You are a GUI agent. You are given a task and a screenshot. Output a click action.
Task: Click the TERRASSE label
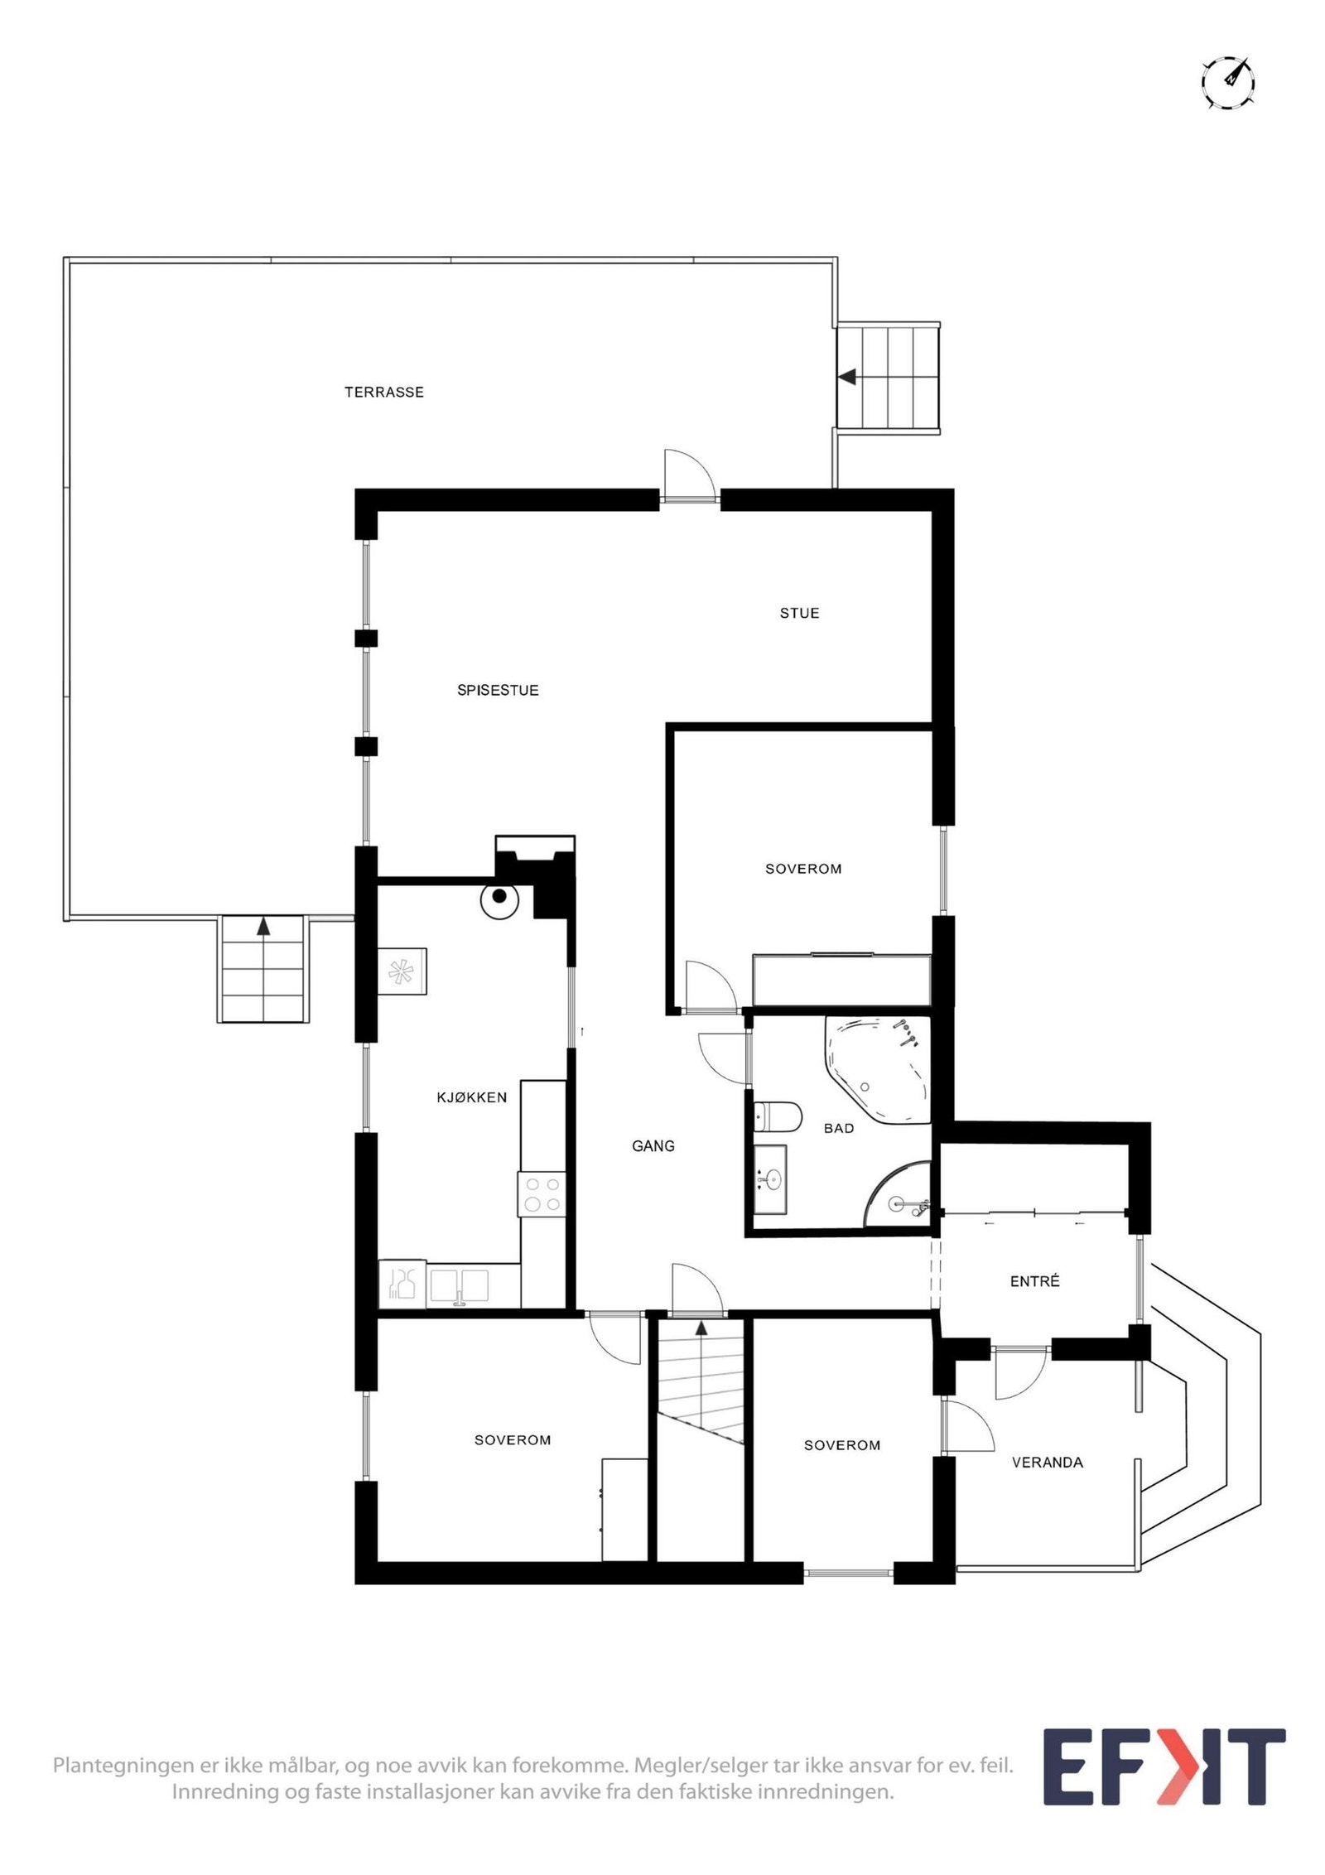click(x=383, y=392)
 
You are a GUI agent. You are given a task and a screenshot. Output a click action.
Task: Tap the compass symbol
click(x=1227, y=82)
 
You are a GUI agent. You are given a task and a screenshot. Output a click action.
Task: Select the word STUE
click(x=798, y=613)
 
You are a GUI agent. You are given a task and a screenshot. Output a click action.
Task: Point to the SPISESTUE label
click(x=497, y=690)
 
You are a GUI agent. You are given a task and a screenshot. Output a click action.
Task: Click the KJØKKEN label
click(x=471, y=1097)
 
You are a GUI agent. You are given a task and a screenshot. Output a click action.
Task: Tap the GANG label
click(x=653, y=1146)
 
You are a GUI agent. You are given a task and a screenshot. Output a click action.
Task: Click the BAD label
click(x=838, y=1128)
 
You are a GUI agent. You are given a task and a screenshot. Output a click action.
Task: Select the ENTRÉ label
click(x=1034, y=1281)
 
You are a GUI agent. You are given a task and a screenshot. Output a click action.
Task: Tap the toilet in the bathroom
click(x=778, y=1116)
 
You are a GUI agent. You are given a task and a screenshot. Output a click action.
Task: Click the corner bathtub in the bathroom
click(x=878, y=1068)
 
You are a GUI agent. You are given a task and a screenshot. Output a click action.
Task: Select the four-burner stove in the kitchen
click(x=542, y=1194)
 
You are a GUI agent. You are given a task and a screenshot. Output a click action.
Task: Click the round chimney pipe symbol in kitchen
click(x=499, y=896)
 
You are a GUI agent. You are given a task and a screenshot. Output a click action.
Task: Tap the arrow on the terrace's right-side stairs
click(x=847, y=377)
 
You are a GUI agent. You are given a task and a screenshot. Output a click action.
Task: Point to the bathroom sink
click(x=771, y=1179)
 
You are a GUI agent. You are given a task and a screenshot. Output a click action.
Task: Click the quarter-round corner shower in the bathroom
click(x=901, y=1199)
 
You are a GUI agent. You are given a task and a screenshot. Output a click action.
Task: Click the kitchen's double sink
click(x=459, y=1285)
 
